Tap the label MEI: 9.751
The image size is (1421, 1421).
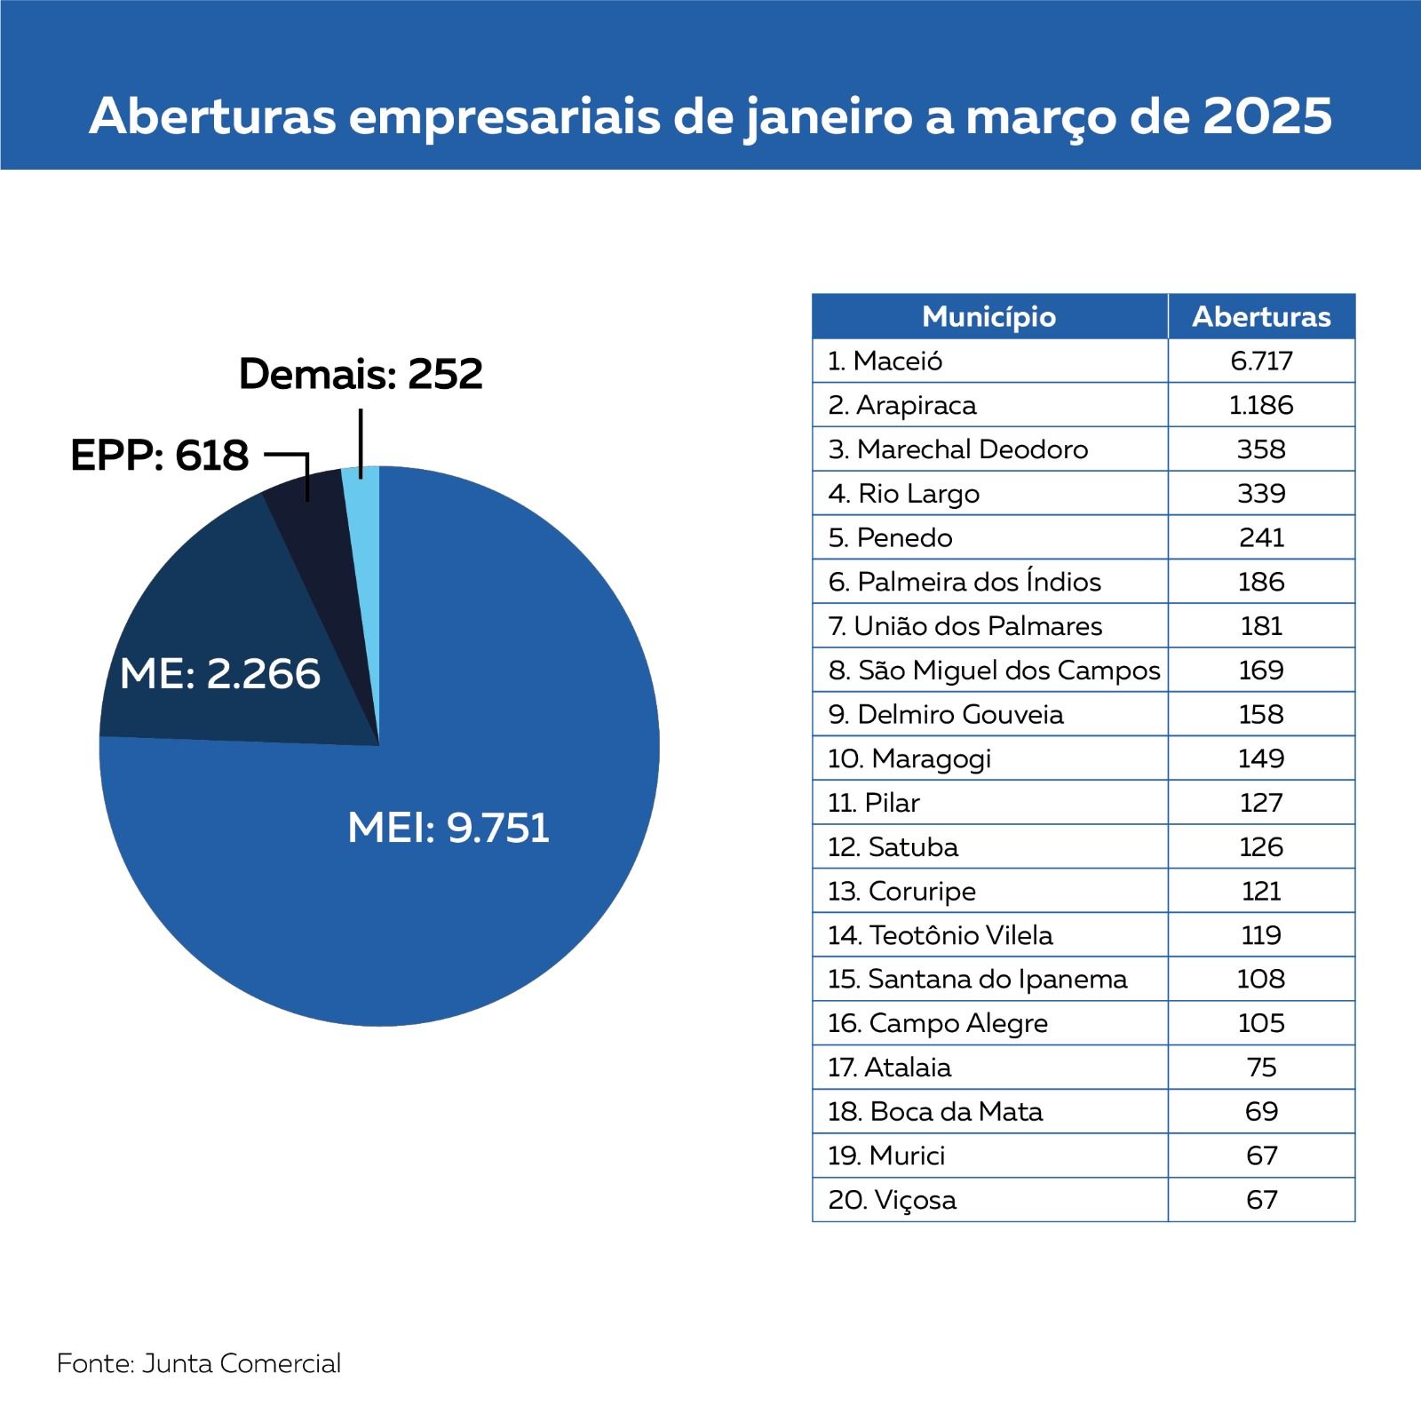click(449, 828)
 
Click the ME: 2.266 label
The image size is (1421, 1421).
click(219, 674)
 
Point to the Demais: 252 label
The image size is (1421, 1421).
click(361, 374)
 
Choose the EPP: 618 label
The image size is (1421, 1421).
click(160, 456)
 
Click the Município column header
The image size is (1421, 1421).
click(988, 316)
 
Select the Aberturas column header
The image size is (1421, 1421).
click(1261, 316)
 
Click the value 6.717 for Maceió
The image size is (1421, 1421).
click(1261, 361)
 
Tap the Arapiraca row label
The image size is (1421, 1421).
click(902, 405)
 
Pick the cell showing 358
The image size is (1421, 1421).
click(1261, 449)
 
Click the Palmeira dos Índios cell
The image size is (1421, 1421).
click(965, 582)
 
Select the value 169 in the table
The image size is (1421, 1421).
click(1261, 671)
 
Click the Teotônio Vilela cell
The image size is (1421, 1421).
click(941, 935)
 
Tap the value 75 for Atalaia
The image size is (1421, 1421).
click(1261, 1068)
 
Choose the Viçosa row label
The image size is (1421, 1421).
click(893, 1200)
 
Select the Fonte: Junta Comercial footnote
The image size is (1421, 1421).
click(199, 1363)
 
